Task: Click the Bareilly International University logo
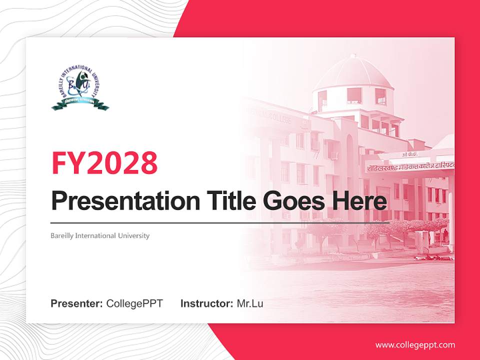[x=80, y=88]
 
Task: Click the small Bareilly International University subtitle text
[x=100, y=235]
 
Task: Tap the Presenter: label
[x=77, y=303]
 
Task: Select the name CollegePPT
[x=134, y=303]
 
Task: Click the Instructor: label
[x=206, y=303]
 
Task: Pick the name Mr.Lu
[x=250, y=303]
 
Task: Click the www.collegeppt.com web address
[x=415, y=345]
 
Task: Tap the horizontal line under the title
[x=220, y=222]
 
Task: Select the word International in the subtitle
[x=98, y=235]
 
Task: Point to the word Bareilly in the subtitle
[x=62, y=235]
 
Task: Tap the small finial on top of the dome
[x=353, y=56]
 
